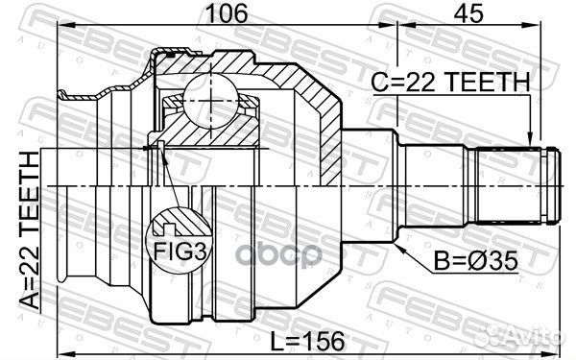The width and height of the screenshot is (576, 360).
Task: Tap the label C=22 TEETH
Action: pos(450,84)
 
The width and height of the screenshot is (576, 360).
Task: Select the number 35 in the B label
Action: pos(487,259)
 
